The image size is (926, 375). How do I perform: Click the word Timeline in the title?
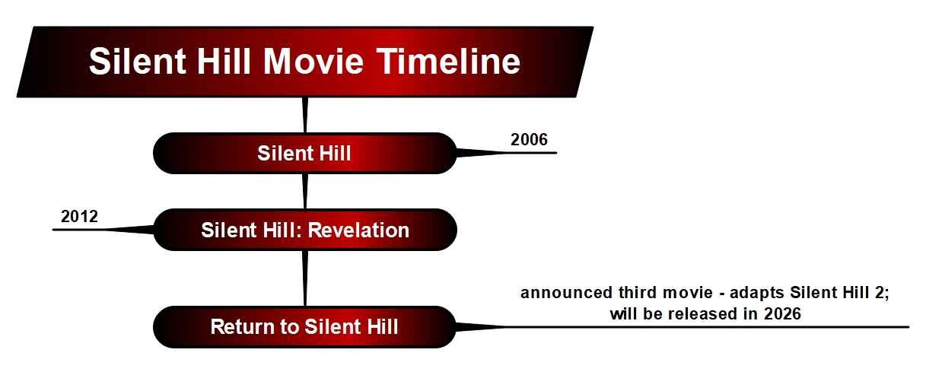[x=445, y=61]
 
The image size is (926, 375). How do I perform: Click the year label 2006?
[x=529, y=139]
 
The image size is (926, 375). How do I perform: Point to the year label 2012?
[x=79, y=216]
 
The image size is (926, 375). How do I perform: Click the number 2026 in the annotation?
[x=783, y=313]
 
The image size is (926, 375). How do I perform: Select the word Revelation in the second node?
[x=358, y=230]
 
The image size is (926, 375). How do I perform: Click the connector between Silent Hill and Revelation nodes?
[x=304, y=191]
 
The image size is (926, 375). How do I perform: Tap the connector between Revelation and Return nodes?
[x=304, y=278]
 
